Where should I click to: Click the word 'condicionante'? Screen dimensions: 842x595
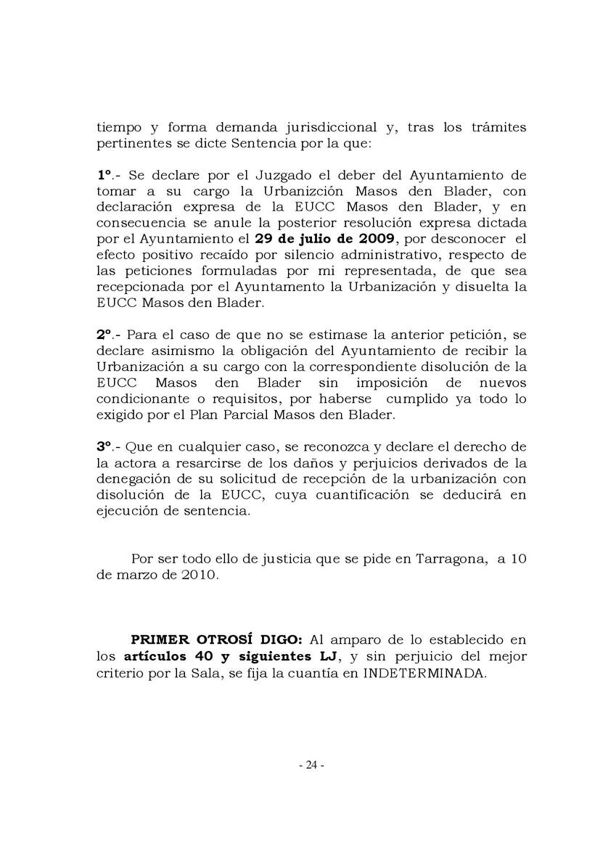137,398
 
